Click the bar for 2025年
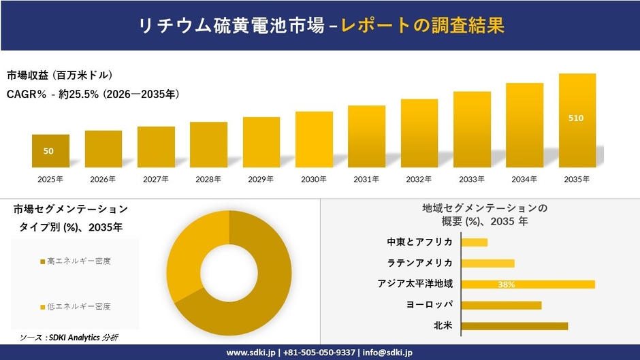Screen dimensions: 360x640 click(x=50, y=151)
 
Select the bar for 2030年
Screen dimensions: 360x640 click(x=314, y=140)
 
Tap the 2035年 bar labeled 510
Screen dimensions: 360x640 click(x=577, y=120)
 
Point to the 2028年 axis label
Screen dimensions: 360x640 click(x=208, y=180)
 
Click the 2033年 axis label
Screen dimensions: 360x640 click(x=472, y=180)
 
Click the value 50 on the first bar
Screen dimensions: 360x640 click(x=48, y=151)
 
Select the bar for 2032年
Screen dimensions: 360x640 click(x=419, y=133)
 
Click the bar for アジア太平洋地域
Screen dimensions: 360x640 click(x=528, y=284)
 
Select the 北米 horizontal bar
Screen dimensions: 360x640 click(x=514, y=326)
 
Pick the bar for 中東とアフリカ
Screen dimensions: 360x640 click(x=475, y=242)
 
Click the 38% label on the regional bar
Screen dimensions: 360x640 click(x=506, y=284)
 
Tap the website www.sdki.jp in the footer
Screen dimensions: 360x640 click(x=250, y=353)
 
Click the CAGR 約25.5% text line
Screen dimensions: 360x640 click(x=93, y=95)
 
